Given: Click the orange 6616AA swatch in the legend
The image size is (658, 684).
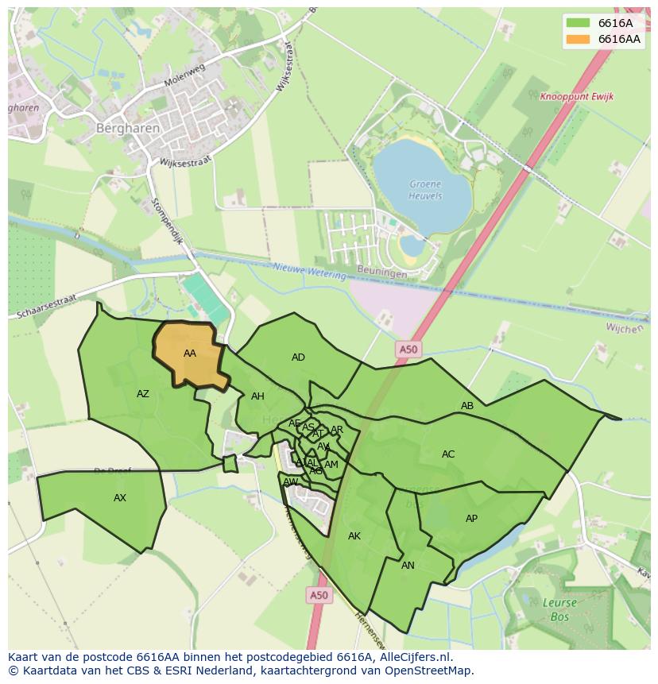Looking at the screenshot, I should coord(579,39).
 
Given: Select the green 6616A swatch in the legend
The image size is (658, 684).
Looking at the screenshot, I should coord(579,23).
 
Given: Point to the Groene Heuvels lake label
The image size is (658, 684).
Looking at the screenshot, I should coord(425,190).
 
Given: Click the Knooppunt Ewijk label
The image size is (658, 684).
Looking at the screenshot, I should coord(576,97).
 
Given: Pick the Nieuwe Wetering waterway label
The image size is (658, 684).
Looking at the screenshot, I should coord(309,271).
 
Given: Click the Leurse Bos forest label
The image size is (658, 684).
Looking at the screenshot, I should coord(560,609).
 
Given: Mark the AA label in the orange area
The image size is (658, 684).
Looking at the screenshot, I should coord(189,354).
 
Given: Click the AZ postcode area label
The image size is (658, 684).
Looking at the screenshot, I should coord(142,394).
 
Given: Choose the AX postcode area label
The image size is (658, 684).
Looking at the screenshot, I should coord(119,498).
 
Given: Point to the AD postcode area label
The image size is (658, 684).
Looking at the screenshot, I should coord(298,357).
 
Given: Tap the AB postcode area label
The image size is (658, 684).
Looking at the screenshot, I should coord(467,406).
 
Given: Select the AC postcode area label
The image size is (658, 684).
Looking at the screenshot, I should coord(448,454).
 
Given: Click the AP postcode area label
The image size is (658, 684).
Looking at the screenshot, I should coord(471,519).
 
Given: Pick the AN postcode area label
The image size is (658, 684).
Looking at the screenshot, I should coord(408,566).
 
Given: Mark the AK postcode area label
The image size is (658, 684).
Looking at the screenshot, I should coord(354,536).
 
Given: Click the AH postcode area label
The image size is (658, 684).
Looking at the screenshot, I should coord(257,396).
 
